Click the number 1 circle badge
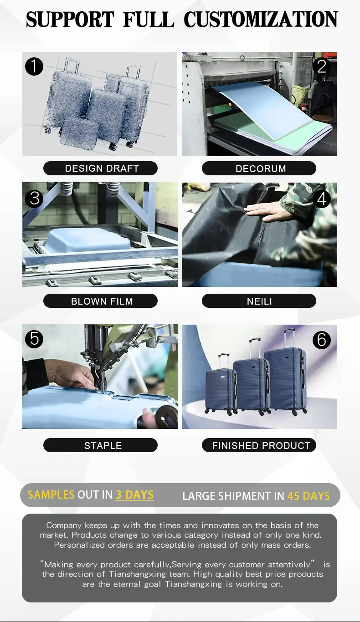tap(34, 66)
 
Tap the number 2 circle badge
tap(322, 66)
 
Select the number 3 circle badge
tap(34, 199)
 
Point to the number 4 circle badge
tap(322, 199)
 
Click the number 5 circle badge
tap(34, 339)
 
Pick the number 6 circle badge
tap(322, 340)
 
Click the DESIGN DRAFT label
tap(100, 168)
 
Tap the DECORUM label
tap(259, 168)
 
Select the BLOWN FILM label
tap(100, 301)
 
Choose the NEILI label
tap(259, 301)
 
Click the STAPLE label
tap(100, 445)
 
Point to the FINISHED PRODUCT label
tap(259, 445)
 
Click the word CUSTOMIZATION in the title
tap(261, 19)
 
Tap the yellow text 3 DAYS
tap(134, 495)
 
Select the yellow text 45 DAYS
tap(309, 496)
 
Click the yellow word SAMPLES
tap(51, 495)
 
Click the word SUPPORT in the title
tap(70, 19)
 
